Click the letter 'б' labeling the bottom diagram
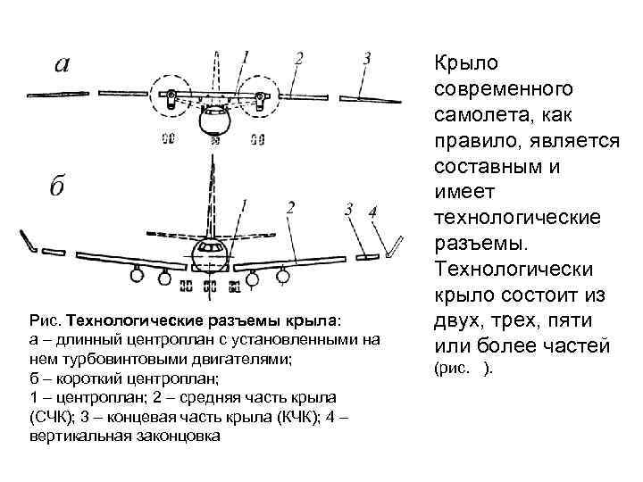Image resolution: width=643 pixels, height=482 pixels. (x=57, y=187)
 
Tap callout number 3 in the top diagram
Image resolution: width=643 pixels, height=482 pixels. (x=366, y=59)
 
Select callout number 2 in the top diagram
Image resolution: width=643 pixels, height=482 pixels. (x=299, y=59)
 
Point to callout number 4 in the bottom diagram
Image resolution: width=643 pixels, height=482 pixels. (x=373, y=211)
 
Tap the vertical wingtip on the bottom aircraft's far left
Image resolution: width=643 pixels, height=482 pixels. (x=28, y=240)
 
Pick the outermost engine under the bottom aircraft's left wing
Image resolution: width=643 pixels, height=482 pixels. (x=137, y=276)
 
